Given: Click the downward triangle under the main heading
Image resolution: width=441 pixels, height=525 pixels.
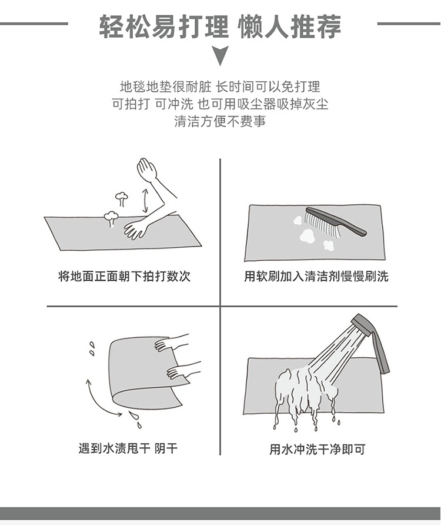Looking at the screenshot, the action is [x=220, y=55].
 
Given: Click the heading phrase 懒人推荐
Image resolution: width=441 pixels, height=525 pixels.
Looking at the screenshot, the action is [x=289, y=26].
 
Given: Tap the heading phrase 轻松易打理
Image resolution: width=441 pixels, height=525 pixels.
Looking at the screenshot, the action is [x=164, y=26].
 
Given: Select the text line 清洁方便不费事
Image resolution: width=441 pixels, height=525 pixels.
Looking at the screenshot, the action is [x=220, y=121].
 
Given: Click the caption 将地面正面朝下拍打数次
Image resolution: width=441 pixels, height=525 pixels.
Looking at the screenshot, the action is [x=124, y=276].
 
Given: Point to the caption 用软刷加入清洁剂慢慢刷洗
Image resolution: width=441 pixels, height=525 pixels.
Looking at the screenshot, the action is [x=316, y=276].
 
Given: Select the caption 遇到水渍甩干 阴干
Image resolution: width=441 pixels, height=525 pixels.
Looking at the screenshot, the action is [x=128, y=448].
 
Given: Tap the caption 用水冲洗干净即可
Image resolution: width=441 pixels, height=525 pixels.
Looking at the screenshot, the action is [x=317, y=449].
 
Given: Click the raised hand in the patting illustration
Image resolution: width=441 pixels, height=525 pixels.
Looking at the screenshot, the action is [x=147, y=170].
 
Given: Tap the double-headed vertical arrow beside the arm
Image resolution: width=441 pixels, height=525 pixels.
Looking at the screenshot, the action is [x=145, y=201].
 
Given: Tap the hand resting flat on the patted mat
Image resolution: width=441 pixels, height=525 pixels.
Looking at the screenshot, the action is [x=135, y=229].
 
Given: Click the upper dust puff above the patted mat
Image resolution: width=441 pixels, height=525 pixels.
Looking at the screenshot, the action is [x=121, y=198].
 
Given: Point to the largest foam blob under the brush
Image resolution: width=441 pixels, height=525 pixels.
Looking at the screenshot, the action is [x=307, y=235].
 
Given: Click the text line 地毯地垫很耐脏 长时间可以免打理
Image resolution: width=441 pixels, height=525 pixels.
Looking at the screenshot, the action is [x=220, y=87].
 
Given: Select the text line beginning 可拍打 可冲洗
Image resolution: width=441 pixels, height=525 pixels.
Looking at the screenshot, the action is [x=220, y=104].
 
